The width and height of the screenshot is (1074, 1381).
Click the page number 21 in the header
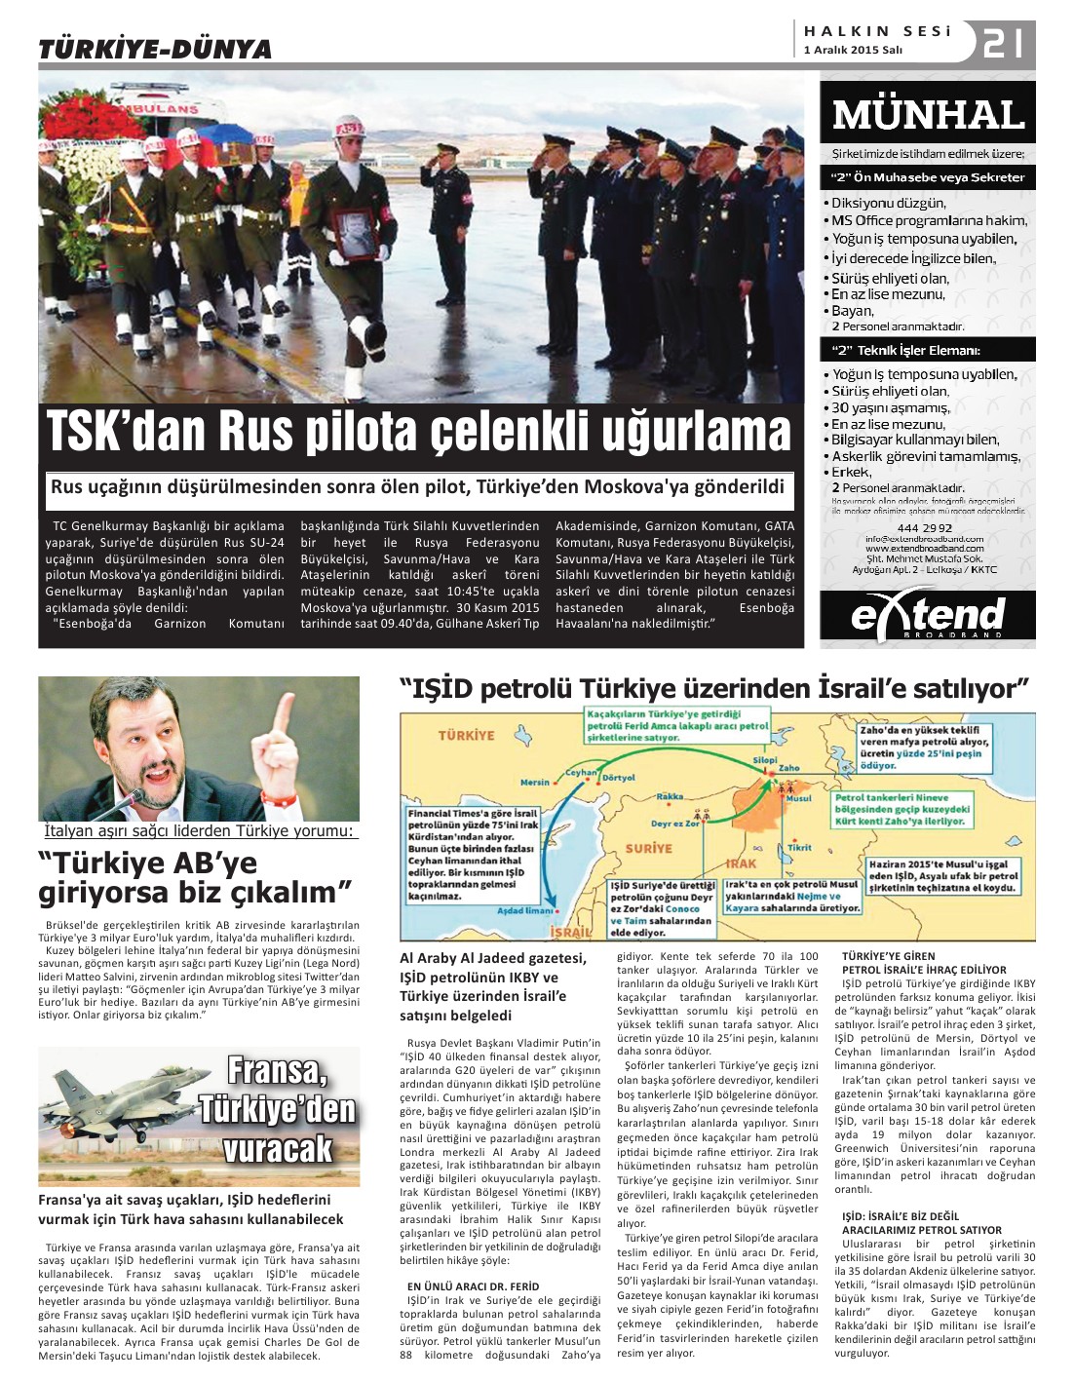pos(1003,43)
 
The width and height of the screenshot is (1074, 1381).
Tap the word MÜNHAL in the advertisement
pos(928,115)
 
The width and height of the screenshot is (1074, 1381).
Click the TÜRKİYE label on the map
pos(467,735)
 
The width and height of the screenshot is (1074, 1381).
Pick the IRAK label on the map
pos(741,863)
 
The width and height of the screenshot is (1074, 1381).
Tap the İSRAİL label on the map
pos(570,932)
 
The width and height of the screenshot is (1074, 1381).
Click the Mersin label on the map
pos(535,783)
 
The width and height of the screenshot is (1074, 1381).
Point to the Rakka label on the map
pos(670,797)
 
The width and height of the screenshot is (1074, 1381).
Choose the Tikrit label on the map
pos(799,848)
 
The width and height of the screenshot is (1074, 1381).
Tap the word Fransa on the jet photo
pos(276,1070)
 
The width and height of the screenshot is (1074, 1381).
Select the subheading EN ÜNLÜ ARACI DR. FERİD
pos(472,1285)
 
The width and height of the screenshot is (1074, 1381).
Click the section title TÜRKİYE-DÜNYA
pos(154,49)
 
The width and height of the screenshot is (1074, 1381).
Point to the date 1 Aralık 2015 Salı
pos(853,51)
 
